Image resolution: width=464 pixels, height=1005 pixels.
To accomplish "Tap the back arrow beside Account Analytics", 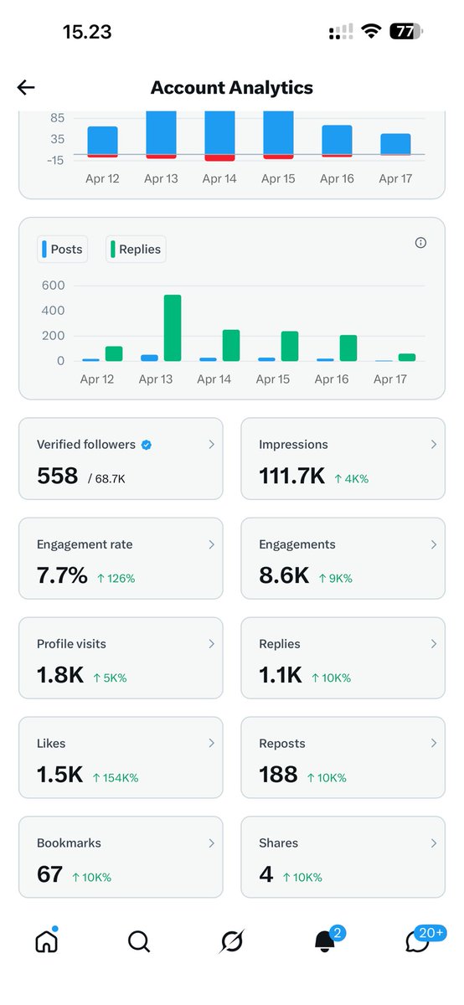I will tap(26, 88).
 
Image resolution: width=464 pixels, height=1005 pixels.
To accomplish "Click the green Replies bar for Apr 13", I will tap(173, 328).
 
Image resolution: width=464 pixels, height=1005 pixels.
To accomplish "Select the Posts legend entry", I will tap(63, 249).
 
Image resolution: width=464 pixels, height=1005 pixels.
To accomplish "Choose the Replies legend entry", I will tap(136, 249).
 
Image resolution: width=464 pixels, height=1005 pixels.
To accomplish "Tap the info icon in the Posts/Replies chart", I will tap(420, 243).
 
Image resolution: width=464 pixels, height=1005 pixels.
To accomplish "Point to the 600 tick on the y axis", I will tap(53, 285).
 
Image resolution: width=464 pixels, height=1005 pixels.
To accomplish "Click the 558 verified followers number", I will tap(57, 476).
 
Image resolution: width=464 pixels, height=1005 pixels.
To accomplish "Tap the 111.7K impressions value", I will tap(291, 476).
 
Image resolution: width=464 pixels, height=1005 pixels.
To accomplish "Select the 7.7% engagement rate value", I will tap(62, 575).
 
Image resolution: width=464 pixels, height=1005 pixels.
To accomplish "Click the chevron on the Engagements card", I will tap(433, 544).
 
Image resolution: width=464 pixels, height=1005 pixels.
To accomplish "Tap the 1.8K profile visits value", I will tap(60, 675).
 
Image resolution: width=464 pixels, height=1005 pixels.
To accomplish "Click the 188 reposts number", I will tap(279, 775).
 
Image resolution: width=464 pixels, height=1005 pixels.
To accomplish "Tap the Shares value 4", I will tap(266, 874).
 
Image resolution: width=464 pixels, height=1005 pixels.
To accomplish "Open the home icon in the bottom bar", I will tap(46, 942).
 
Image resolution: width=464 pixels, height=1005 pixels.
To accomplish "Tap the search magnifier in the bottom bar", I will tap(138, 942).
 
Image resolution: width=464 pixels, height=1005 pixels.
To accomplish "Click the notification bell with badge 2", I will tap(325, 942).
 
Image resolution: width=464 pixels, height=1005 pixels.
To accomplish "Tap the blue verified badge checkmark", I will tap(147, 445).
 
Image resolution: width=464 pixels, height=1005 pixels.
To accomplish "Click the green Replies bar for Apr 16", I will tap(348, 348).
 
